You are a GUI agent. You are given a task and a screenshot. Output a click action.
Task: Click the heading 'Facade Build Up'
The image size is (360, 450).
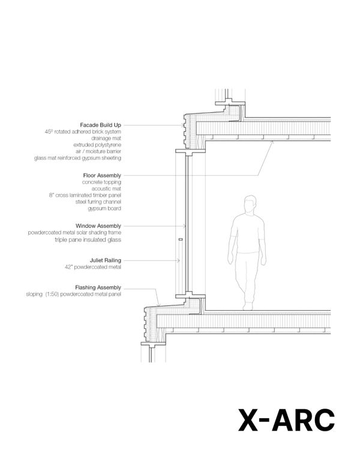click(100, 125)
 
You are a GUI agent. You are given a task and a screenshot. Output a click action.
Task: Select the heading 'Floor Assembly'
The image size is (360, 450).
click(102, 175)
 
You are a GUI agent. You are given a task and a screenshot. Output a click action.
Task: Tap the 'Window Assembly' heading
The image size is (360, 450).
click(98, 226)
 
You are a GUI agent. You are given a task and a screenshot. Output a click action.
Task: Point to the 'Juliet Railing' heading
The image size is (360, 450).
click(106, 260)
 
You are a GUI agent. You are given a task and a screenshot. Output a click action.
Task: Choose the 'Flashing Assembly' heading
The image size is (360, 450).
click(98, 287)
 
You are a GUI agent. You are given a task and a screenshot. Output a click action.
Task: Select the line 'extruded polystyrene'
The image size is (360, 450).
click(97, 145)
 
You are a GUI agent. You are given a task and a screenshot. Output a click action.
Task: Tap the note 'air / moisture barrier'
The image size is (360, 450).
click(98, 151)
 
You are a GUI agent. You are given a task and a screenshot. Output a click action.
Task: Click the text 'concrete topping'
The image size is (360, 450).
click(101, 182)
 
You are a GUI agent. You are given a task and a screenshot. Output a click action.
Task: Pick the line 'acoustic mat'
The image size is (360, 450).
click(106, 188)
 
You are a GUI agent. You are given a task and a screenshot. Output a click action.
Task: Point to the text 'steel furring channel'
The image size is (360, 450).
click(98, 202)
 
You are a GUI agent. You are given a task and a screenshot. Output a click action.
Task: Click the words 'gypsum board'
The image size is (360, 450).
click(104, 209)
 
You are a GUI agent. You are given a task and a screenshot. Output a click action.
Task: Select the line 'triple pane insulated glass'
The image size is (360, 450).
click(88, 239)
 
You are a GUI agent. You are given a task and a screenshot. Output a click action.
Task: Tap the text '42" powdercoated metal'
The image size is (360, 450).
click(93, 267)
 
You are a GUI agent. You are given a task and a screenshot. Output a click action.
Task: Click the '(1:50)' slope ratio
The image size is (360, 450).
click(52, 294)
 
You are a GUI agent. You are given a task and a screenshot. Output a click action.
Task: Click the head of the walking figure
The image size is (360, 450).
click(250, 204)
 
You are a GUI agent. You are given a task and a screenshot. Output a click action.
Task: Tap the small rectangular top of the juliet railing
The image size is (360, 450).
click(181, 239)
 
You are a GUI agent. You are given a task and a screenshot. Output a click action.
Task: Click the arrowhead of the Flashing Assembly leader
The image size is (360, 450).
click(158, 304)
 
